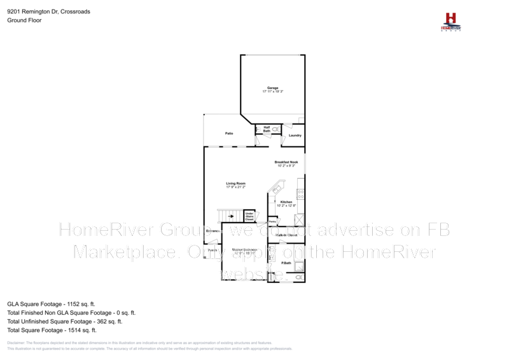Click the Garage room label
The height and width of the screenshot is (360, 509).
point(272,88)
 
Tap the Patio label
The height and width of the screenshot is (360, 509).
point(228,134)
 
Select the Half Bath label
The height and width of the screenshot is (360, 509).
point(267,129)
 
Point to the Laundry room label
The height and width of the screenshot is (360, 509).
point(295,135)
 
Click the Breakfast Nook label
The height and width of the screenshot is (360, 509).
point(286,162)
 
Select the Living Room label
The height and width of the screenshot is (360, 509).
point(235,183)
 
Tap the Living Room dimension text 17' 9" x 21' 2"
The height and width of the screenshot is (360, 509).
point(235,188)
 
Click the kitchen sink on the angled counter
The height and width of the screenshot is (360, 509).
point(276,188)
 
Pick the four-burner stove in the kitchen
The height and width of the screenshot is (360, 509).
point(300,194)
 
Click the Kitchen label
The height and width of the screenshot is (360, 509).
point(286,202)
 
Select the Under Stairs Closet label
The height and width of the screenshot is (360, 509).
point(249,216)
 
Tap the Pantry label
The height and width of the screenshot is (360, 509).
point(272,221)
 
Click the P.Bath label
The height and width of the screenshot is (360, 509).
point(286,263)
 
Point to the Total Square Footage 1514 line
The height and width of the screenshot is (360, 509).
point(52,330)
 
